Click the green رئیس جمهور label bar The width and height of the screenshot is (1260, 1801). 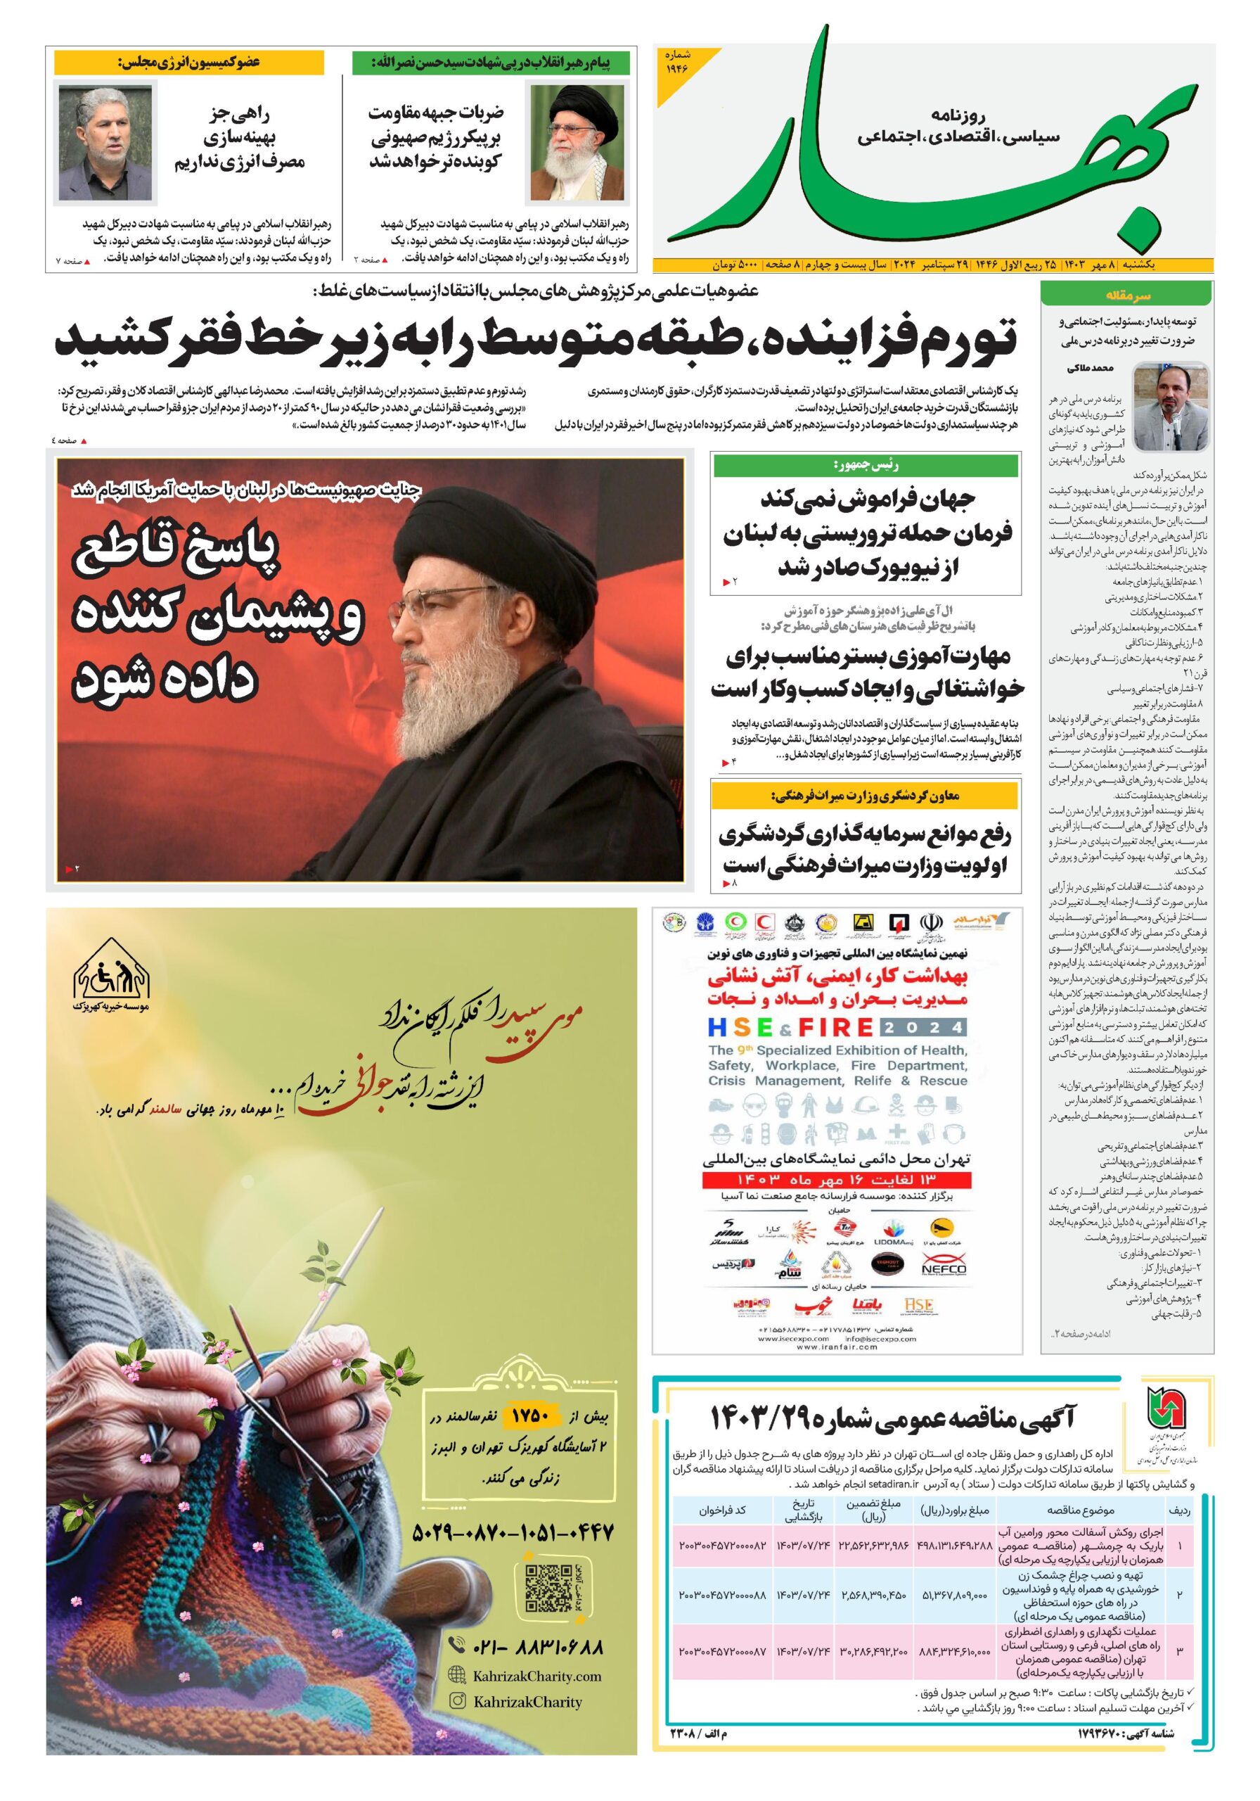[x=865, y=466]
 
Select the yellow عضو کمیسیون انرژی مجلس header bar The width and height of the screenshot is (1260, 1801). [x=189, y=62]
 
